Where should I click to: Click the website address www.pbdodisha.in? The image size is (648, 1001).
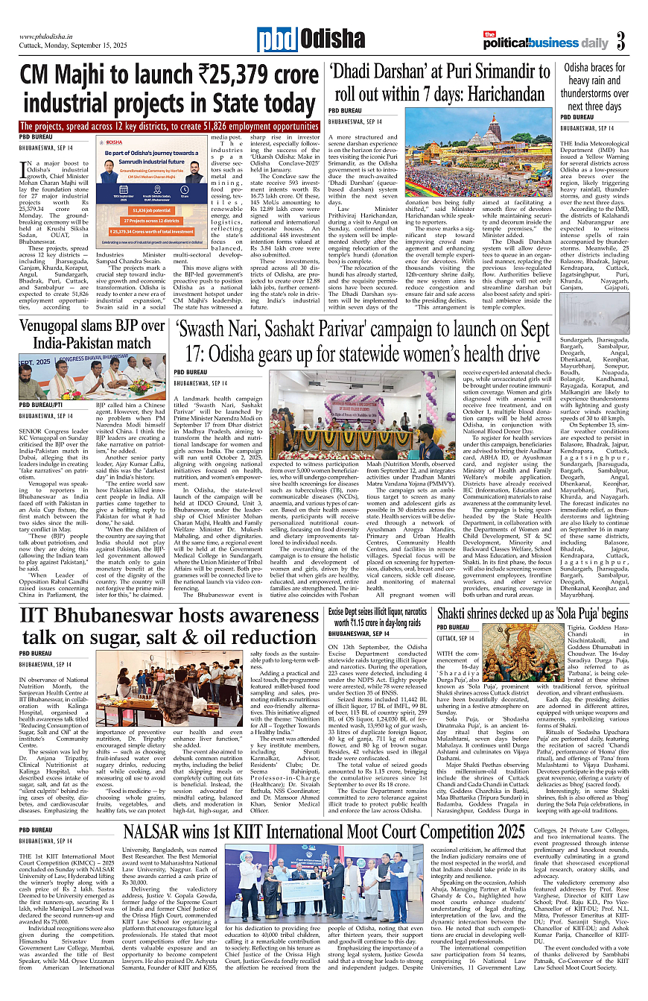coord(50,35)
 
